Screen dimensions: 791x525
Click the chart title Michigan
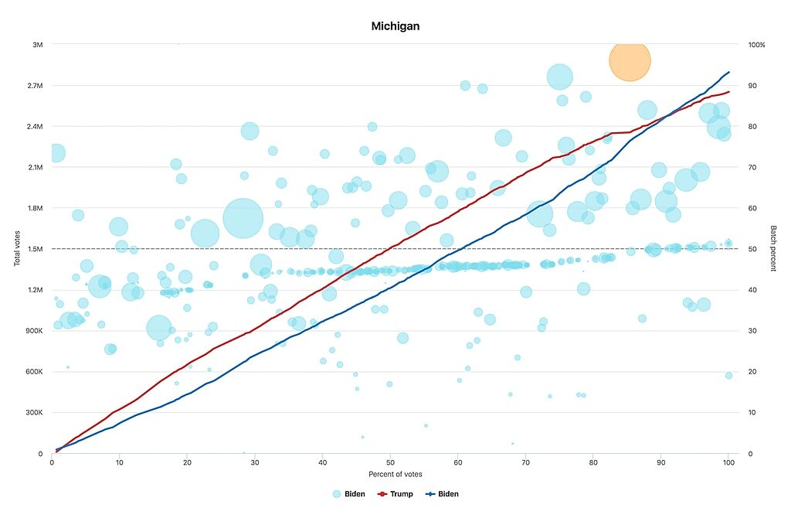(x=395, y=26)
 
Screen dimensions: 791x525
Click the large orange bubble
(x=630, y=60)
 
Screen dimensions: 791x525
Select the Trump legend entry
(x=395, y=494)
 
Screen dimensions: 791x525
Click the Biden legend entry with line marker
(x=442, y=494)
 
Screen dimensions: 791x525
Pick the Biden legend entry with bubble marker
(x=348, y=494)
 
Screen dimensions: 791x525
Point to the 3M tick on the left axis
(x=37, y=45)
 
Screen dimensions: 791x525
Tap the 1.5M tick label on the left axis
(x=35, y=249)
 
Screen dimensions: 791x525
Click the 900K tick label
(x=34, y=331)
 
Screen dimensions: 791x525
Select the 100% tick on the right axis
(x=756, y=45)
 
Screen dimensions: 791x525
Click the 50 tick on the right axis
(x=752, y=249)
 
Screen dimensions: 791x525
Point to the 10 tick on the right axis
(x=752, y=412)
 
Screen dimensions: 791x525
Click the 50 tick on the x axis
(x=390, y=462)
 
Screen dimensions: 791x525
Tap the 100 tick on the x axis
(x=728, y=462)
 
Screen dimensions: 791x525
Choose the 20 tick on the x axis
(x=187, y=462)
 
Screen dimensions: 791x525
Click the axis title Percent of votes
(x=395, y=474)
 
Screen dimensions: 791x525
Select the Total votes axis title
(x=17, y=248)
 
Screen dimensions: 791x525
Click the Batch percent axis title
(x=772, y=248)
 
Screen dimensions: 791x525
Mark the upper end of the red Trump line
(x=729, y=92)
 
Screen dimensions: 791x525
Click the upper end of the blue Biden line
(x=729, y=72)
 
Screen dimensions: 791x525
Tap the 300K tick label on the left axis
(x=34, y=412)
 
